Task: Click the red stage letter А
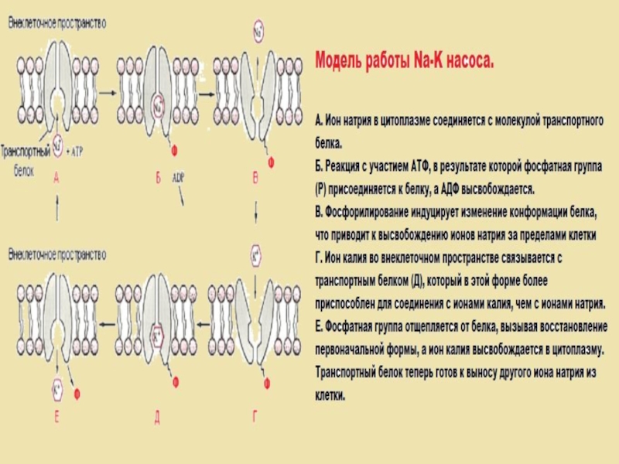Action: [56, 178]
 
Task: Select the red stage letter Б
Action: [157, 178]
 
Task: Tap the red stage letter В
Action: [256, 178]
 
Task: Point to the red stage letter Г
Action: [255, 418]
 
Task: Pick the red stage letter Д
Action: [157, 418]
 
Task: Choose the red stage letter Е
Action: [56, 418]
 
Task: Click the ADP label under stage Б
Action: [179, 176]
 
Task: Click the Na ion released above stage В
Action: [258, 32]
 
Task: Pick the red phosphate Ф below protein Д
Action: [175, 382]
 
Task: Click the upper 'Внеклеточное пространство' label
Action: [56, 24]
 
